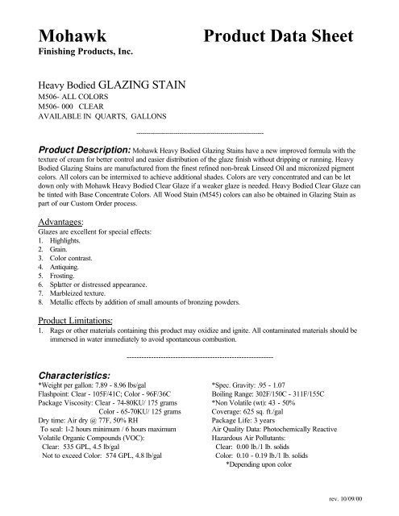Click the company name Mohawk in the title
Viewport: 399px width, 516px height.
click(71, 37)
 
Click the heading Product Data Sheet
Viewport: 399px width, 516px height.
click(278, 37)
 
